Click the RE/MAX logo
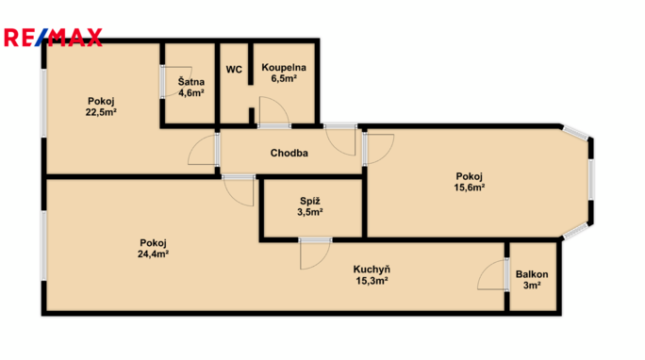point(53,38)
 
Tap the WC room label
point(234,70)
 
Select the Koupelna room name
point(284,68)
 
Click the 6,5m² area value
point(284,78)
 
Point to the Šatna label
point(190,81)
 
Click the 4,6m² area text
point(191,93)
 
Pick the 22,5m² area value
point(101,112)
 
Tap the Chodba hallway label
point(289,153)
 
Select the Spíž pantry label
point(309,201)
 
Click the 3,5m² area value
point(309,212)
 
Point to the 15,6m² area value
point(469,188)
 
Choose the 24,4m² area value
point(153,254)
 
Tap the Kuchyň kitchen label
point(372,270)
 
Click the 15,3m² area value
point(372,281)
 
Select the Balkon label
point(532,274)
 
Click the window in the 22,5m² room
point(43,103)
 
